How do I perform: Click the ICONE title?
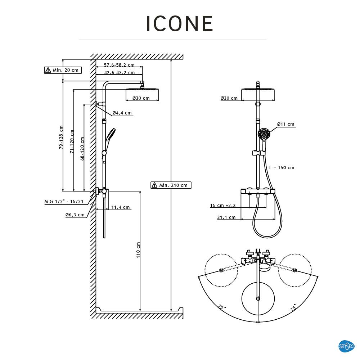click(x=180, y=24)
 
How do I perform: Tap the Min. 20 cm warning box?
click(x=63, y=70)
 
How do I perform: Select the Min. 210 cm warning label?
click(x=171, y=185)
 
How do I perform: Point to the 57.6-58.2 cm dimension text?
click(x=119, y=65)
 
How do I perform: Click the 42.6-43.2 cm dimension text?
click(x=119, y=72)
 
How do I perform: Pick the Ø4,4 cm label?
click(x=122, y=113)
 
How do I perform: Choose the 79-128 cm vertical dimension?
click(x=61, y=137)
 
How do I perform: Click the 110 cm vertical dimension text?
click(x=138, y=249)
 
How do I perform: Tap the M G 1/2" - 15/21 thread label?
click(x=64, y=202)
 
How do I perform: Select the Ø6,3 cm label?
click(x=75, y=215)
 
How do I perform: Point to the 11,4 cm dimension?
click(x=121, y=207)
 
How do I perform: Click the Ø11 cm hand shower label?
click(x=285, y=124)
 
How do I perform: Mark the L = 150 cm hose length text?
click(x=282, y=167)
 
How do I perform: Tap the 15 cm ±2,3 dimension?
click(x=223, y=206)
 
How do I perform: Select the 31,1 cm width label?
click(x=226, y=217)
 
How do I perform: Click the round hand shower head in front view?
click(x=264, y=134)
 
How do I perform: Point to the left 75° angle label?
click(x=221, y=307)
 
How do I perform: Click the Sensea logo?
click(x=346, y=346)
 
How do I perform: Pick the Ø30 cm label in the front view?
click(x=229, y=98)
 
